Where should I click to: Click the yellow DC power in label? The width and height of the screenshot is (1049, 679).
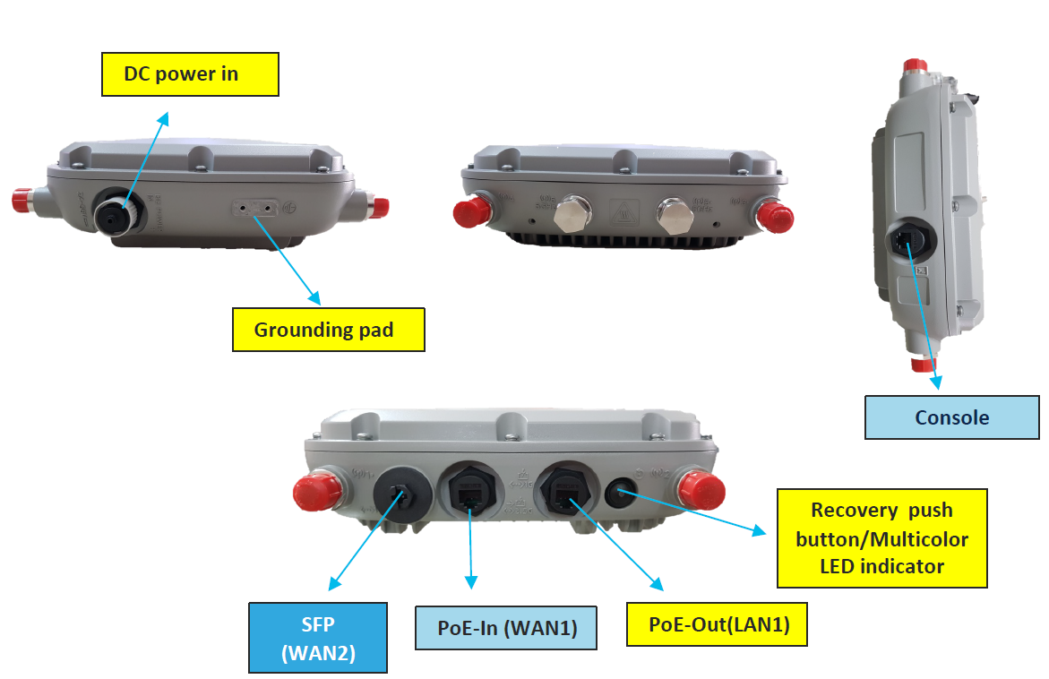(189, 73)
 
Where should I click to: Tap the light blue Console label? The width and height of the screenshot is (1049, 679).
(951, 417)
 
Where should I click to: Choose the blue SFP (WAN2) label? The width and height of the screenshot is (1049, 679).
(318, 637)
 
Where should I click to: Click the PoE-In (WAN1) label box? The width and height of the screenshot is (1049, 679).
(505, 628)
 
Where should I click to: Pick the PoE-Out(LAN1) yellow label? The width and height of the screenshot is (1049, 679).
(719, 624)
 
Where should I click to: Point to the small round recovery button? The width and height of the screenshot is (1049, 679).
(622, 492)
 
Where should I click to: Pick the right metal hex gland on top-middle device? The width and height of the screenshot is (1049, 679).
(675, 214)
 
